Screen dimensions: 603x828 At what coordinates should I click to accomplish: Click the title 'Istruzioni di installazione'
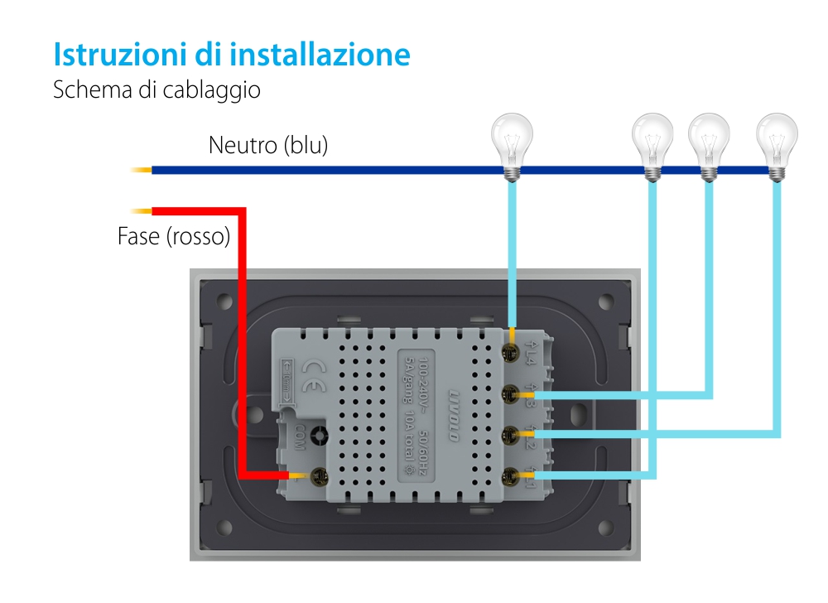click(232, 55)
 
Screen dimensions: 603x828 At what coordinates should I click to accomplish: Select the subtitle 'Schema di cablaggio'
click(156, 90)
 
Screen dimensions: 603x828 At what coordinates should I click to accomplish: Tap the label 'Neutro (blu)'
click(268, 146)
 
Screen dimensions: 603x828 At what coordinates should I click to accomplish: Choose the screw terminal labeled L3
click(511, 393)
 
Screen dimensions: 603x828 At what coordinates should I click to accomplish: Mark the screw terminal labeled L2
click(511, 433)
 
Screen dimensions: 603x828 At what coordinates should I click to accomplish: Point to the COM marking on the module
click(299, 438)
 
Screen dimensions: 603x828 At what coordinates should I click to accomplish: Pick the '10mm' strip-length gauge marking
click(286, 381)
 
